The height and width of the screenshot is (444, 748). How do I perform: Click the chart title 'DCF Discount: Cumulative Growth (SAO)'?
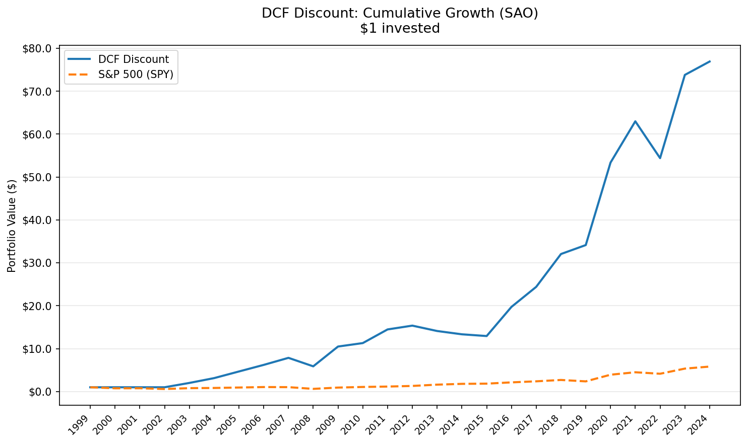(400, 13)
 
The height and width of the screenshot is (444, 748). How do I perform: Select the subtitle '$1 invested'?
(400, 29)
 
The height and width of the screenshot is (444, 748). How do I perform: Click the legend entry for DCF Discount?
(134, 59)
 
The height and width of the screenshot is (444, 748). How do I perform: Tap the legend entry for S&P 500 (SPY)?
(136, 75)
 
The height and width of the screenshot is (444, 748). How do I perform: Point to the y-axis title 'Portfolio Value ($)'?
(12, 226)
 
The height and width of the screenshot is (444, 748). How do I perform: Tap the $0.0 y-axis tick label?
(40, 392)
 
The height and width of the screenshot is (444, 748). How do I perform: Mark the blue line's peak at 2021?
(635, 121)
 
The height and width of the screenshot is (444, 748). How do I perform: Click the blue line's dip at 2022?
(660, 158)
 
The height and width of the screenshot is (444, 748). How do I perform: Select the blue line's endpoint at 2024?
(710, 61)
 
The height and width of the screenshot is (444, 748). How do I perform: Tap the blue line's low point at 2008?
(313, 366)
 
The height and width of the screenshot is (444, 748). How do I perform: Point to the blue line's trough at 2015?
(486, 336)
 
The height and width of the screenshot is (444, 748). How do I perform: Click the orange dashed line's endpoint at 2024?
(710, 366)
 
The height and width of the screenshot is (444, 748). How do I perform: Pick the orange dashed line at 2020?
(610, 375)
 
